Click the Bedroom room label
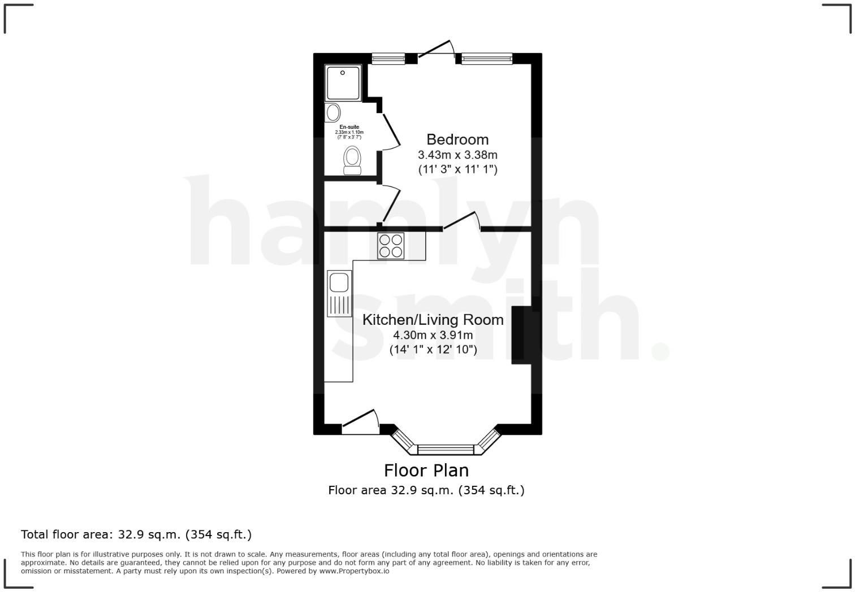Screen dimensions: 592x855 click(x=457, y=139)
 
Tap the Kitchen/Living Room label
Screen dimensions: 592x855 click(x=433, y=320)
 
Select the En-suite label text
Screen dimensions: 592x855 click(x=349, y=127)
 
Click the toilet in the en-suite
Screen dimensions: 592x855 click(x=353, y=161)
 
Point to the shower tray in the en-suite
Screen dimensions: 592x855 click(x=343, y=83)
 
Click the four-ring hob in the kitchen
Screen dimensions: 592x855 click(x=391, y=246)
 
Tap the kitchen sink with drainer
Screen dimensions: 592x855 click(x=339, y=294)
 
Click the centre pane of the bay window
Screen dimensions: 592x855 click(x=446, y=450)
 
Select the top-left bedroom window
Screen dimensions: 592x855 click(x=388, y=58)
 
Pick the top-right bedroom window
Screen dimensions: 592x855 click(x=487, y=58)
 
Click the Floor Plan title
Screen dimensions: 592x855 click(x=426, y=470)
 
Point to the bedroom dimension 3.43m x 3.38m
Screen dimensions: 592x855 click(x=457, y=155)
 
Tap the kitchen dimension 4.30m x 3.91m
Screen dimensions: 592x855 click(x=433, y=335)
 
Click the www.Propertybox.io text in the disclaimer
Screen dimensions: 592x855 click(x=354, y=571)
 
